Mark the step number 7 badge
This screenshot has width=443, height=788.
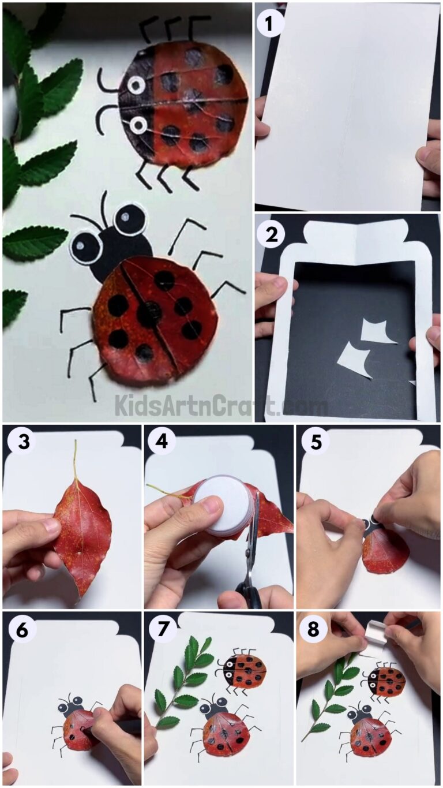click(x=163, y=630)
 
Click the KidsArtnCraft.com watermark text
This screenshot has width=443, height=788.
click(x=221, y=405)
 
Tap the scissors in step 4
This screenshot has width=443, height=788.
click(x=251, y=554)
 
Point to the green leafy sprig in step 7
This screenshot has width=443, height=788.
click(x=183, y=681)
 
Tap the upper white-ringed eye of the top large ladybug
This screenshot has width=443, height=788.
click(x=136, y=86)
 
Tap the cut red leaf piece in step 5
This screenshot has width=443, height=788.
click(x=385, y=551)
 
